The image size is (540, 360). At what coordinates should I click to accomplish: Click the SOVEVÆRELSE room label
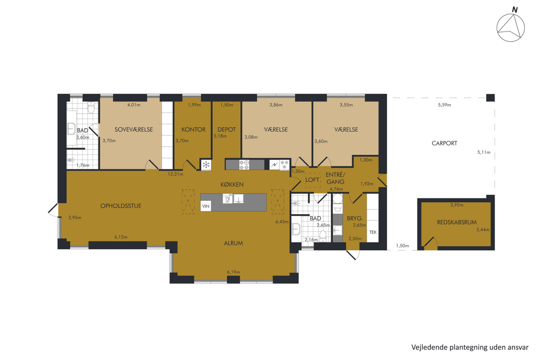(x=134, y=130)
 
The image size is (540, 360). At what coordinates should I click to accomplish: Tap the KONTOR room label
(x=193, y=130)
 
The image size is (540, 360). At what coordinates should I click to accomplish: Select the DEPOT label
(x=226, y=130)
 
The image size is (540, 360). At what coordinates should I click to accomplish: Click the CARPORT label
(x=444, y=143)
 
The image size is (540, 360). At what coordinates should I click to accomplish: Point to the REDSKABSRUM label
(x=457, y=222)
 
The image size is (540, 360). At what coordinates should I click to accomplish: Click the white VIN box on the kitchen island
(x=206, y=206)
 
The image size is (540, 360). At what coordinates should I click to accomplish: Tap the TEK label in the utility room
(x=373, y=232)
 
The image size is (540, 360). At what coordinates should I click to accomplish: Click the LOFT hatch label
(x=312, y=180)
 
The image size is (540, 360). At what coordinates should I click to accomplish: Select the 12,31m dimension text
(x=175, y=174)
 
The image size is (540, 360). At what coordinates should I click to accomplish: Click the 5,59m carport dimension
(x=444, y=105)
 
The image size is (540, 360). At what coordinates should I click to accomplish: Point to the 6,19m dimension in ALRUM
(x=234, y=272)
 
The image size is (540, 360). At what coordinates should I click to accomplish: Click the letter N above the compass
(x=515, y=10)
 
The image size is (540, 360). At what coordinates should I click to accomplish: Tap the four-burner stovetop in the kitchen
(x=244, y=165)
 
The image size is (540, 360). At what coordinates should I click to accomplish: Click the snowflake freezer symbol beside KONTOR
(x=206, y=165)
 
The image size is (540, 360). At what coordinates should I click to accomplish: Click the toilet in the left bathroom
(x=91, y=108)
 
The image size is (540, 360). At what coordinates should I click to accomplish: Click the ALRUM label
(x=234, y=243)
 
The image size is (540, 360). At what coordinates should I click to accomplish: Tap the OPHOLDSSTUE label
(x=121, y=206)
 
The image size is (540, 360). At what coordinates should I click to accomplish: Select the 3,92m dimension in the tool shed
(x=457, y=205)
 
